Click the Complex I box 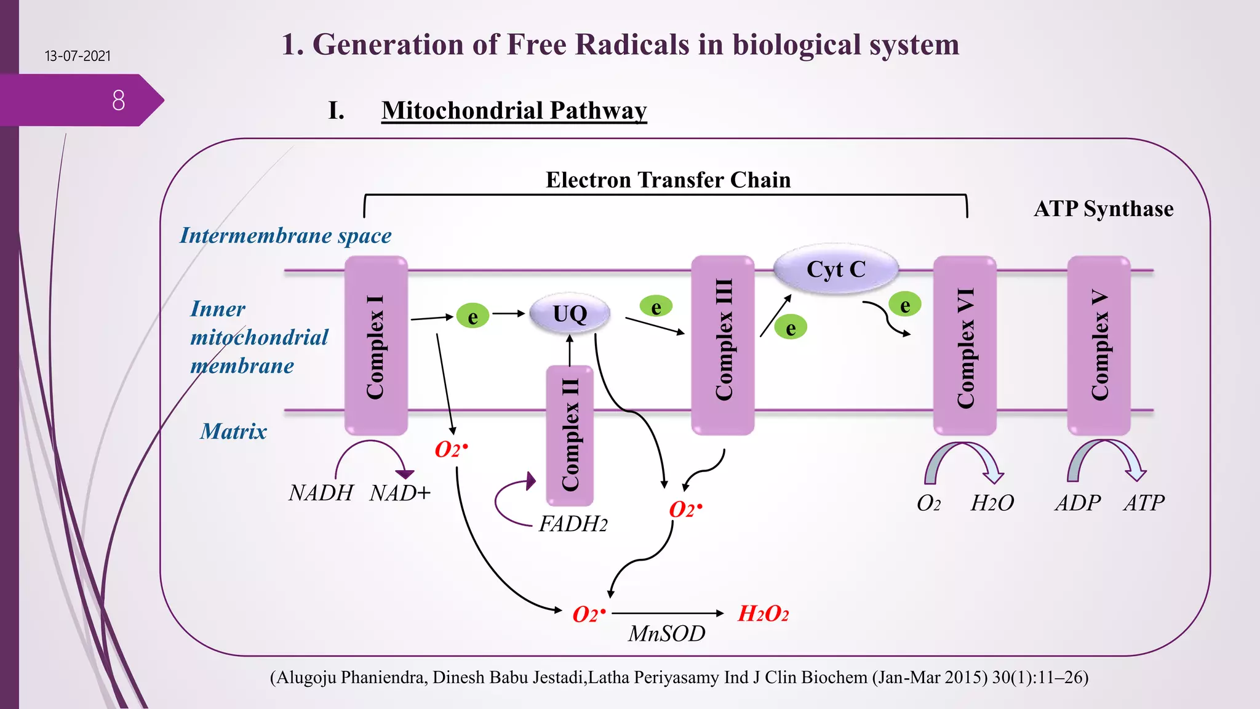pyautogui.click(x=376, y=346)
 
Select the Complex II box pyautogui.click(x=570, y=436)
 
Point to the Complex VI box pyautogui.click(x=964, y=346)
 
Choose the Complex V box pyautogui.click(x=1098, y=346)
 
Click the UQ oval pyautogui.click(x=570, y=314)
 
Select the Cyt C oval pyautogui.click(x=835, y=270)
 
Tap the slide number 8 pyautogui.click(x=119, y=100)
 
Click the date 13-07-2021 pyautogui.click(x=78, y=56)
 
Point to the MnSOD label pyautogui.click(x=666, y=634)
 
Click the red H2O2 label pyautogui.click(x=763, y=614)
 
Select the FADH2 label pyautogui.click(x=573, y=524)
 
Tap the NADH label pyautogui.click(x=321, y=493)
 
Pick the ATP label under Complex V pyautogui.click(x=1144, y=503)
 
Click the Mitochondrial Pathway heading pyautogui.click(x=514, y=111)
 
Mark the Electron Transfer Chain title pyautogui.click(x=668, y=180)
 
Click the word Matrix pyautogui.click(x=233, y=431)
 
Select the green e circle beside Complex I pyautogui.click(x=472, y=316)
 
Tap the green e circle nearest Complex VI pyautogui.click(x=904, y=305)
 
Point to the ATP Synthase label pyautogui.click(x=1103, y=209)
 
